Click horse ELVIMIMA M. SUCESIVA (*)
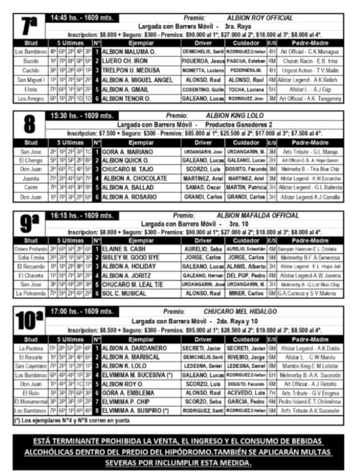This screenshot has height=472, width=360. click(137, 375)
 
